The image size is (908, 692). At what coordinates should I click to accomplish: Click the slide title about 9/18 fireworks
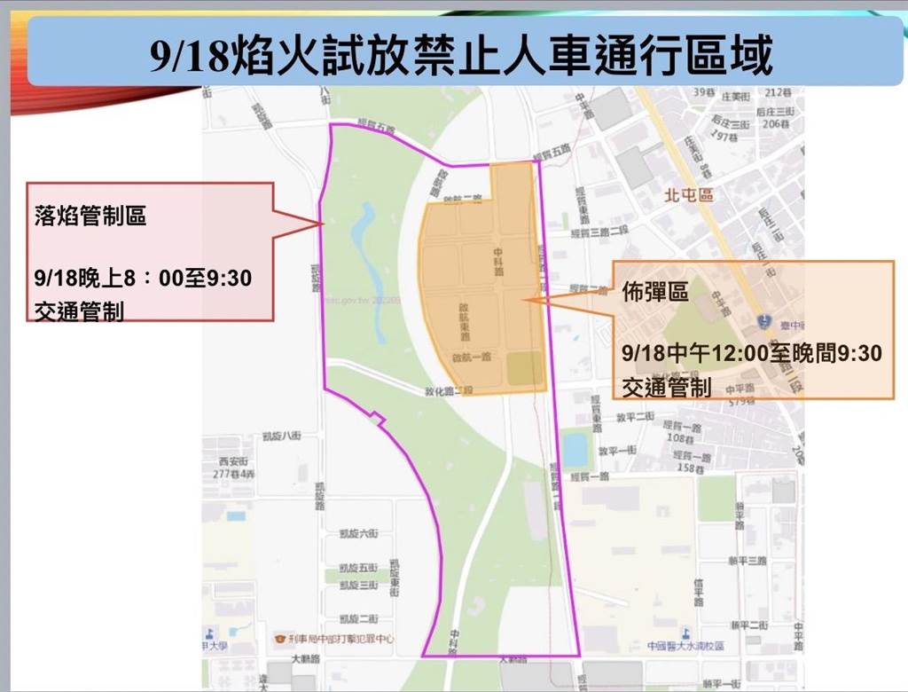460,55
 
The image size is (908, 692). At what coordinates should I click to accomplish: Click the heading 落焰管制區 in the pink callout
90,216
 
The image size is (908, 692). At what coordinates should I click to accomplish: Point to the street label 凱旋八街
277,436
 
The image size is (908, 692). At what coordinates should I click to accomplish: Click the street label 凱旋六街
358,533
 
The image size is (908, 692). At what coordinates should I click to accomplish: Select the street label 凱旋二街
358,618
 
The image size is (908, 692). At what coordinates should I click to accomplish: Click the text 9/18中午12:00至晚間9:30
752,353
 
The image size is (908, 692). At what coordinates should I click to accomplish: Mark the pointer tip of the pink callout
323,224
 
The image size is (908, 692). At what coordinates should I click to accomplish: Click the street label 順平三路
746,561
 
